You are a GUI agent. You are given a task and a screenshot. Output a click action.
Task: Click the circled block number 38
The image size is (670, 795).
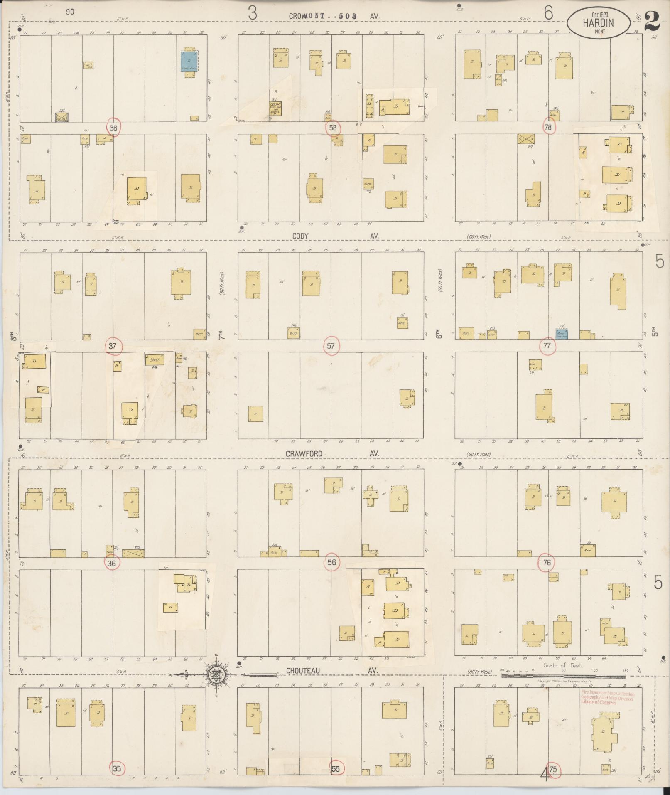[113, 128]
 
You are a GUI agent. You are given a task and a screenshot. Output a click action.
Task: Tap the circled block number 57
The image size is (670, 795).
[331, 346]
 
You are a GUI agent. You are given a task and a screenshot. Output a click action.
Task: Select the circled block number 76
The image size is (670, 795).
[547, 563]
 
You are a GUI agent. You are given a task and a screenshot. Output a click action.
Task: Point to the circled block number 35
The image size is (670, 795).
[117, 769]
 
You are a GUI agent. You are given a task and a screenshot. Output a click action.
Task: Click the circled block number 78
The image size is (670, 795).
[548, 128]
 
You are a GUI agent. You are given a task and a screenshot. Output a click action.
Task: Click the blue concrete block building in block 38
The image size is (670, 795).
[189, 62]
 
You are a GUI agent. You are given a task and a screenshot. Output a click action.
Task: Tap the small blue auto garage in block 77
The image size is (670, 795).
[562, 333]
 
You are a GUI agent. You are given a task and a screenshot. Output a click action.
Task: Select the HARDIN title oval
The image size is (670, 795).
[599, 25]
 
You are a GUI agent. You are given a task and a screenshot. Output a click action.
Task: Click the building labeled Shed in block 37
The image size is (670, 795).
[155, 360]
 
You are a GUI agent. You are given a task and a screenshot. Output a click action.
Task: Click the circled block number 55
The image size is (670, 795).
[336, 769]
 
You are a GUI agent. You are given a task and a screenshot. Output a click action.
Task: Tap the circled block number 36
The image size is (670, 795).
[111, 563]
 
